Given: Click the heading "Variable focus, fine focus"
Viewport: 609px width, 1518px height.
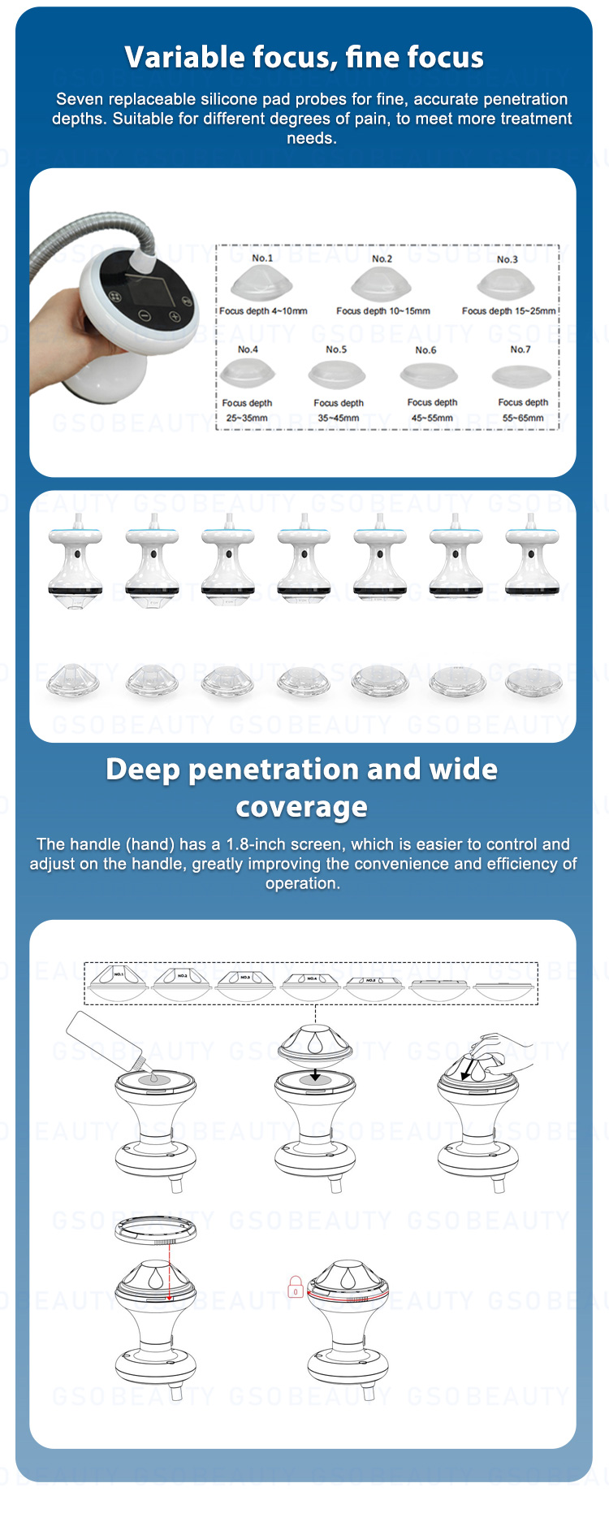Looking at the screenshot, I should [x=304, y=58].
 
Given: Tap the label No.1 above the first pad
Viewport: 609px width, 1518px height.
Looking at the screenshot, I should [x=261, y=258].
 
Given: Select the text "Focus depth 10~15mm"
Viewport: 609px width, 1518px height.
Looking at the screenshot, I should [x=382, y=311].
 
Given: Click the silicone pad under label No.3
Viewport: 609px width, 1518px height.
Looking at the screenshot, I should [x=506, y=284].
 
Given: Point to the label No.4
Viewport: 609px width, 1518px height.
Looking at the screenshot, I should [x=248, y=349].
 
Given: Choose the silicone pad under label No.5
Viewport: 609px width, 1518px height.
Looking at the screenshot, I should [x=337, y=375].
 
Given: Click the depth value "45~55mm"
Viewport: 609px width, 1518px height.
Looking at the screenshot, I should [x=432, y=418].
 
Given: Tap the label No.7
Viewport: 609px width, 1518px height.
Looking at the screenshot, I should [x=520, y=349].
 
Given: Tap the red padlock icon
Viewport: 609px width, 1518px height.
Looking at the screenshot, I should [x=296, y=1287].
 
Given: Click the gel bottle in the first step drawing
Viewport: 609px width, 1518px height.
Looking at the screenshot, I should [x=106, y=1040].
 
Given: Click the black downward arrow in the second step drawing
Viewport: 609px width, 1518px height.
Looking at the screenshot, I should [x=315, y=1075].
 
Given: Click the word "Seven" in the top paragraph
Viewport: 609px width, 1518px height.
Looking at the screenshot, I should [x=80, y=99].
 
